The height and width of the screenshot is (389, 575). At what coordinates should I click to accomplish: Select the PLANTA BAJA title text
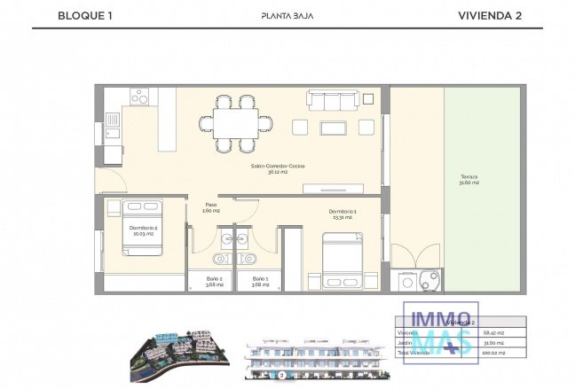click(x=287, y=15)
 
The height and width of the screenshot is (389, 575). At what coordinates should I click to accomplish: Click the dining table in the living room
click(x=235, y=122)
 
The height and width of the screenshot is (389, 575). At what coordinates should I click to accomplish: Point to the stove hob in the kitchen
click(x=139, y=97)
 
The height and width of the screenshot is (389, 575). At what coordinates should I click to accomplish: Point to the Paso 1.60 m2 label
click(x=211, y=207)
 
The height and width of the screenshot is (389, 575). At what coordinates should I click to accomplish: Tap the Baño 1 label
click(x=259, y=282)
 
